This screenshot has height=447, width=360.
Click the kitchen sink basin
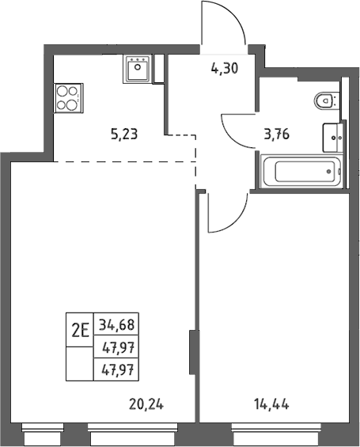pyautogui.click(x=138, y=70)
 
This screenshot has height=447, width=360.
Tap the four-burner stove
pyautogui.click(x=68, y=98)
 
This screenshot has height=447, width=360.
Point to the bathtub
pyautogui.click(x=302, y=172)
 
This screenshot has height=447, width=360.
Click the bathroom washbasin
pyautogui.click(x=333, y=138)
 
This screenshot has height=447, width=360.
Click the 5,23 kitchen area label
pyautogui.click(x=124, y=134)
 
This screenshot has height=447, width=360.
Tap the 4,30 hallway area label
pyautogui.click(x=225, y=68)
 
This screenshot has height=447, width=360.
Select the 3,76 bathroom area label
pyautogui.click(x=277, y=134)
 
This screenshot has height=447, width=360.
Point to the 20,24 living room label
pyautogui.click(x=146, y=404)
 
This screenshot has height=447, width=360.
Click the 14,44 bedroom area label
pyautogui.click(x=271, y=404)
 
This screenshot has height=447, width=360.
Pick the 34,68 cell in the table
pyautogui.click(x=116, y=324)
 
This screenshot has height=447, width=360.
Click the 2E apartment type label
pyautogui.click(x=80, y=330)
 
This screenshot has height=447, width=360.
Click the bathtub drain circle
pyautogui.click(x=329, y=172)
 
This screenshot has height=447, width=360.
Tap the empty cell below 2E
pyautogui.click(x=80, y=364)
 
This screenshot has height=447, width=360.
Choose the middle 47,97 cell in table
pyautogui.click(x=116, y=347)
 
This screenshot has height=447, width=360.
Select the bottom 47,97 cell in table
pyautogui.click(x=116, y=369)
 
